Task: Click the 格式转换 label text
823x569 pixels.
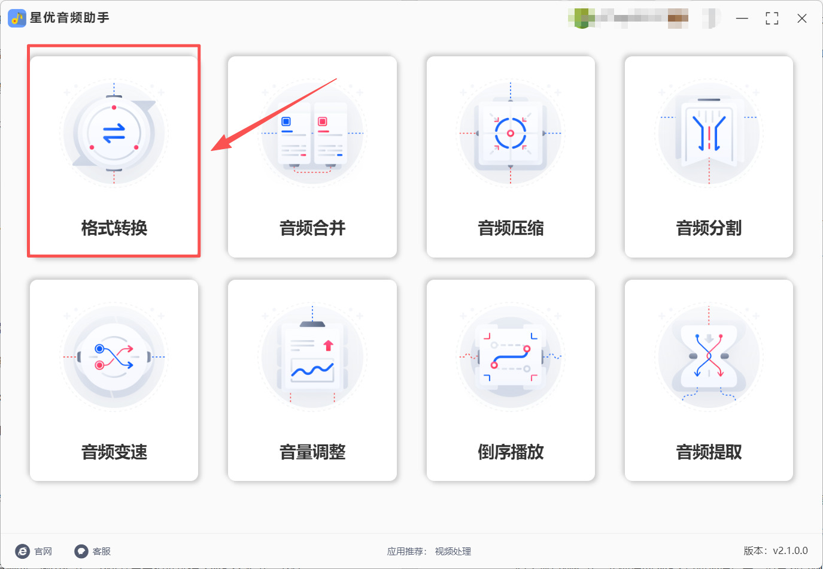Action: [x=114, y=228]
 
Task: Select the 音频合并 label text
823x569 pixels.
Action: [x=312, y=228]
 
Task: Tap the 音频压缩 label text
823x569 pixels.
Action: [x=511, y=228]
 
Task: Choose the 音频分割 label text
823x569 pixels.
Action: [x=709, y=228]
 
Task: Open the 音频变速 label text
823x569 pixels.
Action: [x=114, y=452]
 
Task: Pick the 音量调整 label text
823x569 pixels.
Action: [x=312, y=452]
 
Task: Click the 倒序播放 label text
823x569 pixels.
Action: [x=511, y=452]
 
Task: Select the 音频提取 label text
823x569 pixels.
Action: [x=709, y=452]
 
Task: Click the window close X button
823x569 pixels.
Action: [x=802, y=19]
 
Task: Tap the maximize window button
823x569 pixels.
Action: [x=772, y=19]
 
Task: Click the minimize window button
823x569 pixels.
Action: [x=742, y=19]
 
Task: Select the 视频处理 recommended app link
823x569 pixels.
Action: [x=453, y=551]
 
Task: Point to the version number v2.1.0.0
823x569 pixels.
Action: [x=790, y=550]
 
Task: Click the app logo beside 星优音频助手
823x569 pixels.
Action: [x=17, y=19]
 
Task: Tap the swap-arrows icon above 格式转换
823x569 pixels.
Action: [x=114, y=133]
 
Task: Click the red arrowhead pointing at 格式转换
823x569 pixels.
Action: [x=223, y=144]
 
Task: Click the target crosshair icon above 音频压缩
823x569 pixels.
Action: [x=511, y=133]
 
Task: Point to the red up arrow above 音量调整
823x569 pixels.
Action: [x=328, y=346]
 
